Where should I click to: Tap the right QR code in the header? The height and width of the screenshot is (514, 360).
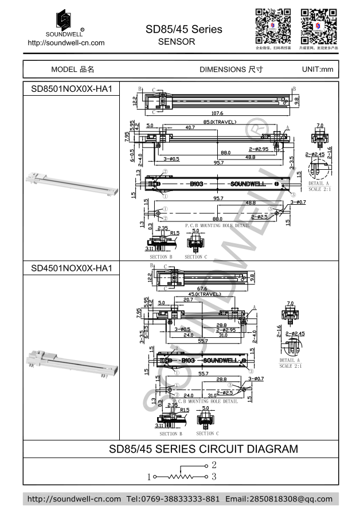coord(318,26)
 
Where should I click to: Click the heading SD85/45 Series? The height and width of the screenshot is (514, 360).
coord(183,29)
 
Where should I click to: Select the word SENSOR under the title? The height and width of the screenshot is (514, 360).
coord(176,42)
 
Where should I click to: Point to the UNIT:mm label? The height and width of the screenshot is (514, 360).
coord(317,69)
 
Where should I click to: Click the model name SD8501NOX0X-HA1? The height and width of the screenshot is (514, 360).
coord(71,89)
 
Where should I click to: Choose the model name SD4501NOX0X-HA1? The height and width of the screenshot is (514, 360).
coord(71,268)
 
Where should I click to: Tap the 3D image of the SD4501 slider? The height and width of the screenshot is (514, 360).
coord(71,361)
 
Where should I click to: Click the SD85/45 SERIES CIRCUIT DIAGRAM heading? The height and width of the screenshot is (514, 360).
coord(203,449)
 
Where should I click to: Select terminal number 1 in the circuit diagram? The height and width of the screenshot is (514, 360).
coord(149,477)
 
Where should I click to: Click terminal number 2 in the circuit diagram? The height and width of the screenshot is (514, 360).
coord(213,465)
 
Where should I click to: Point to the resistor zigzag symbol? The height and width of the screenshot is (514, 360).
coord(182,476)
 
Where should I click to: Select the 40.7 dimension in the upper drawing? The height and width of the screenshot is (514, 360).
coord(190,127)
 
